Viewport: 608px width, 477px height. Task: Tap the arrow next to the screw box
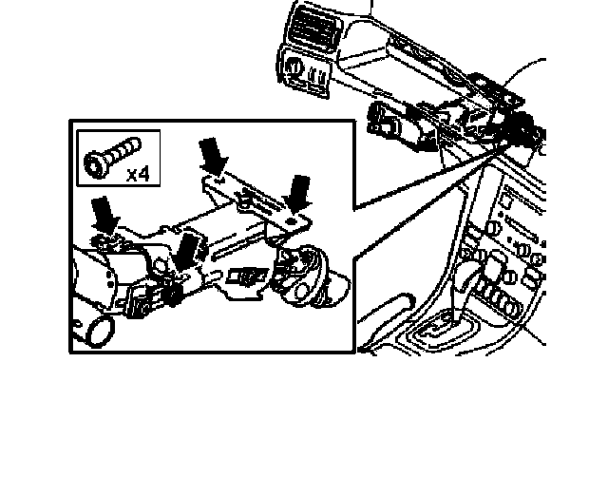pos(211,154)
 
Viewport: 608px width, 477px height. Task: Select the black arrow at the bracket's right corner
pos(302,192)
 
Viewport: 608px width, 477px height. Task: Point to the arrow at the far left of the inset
pos(104,214)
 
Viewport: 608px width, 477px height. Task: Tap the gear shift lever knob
pos(472,278)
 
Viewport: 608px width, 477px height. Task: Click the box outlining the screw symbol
pos(119,159)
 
